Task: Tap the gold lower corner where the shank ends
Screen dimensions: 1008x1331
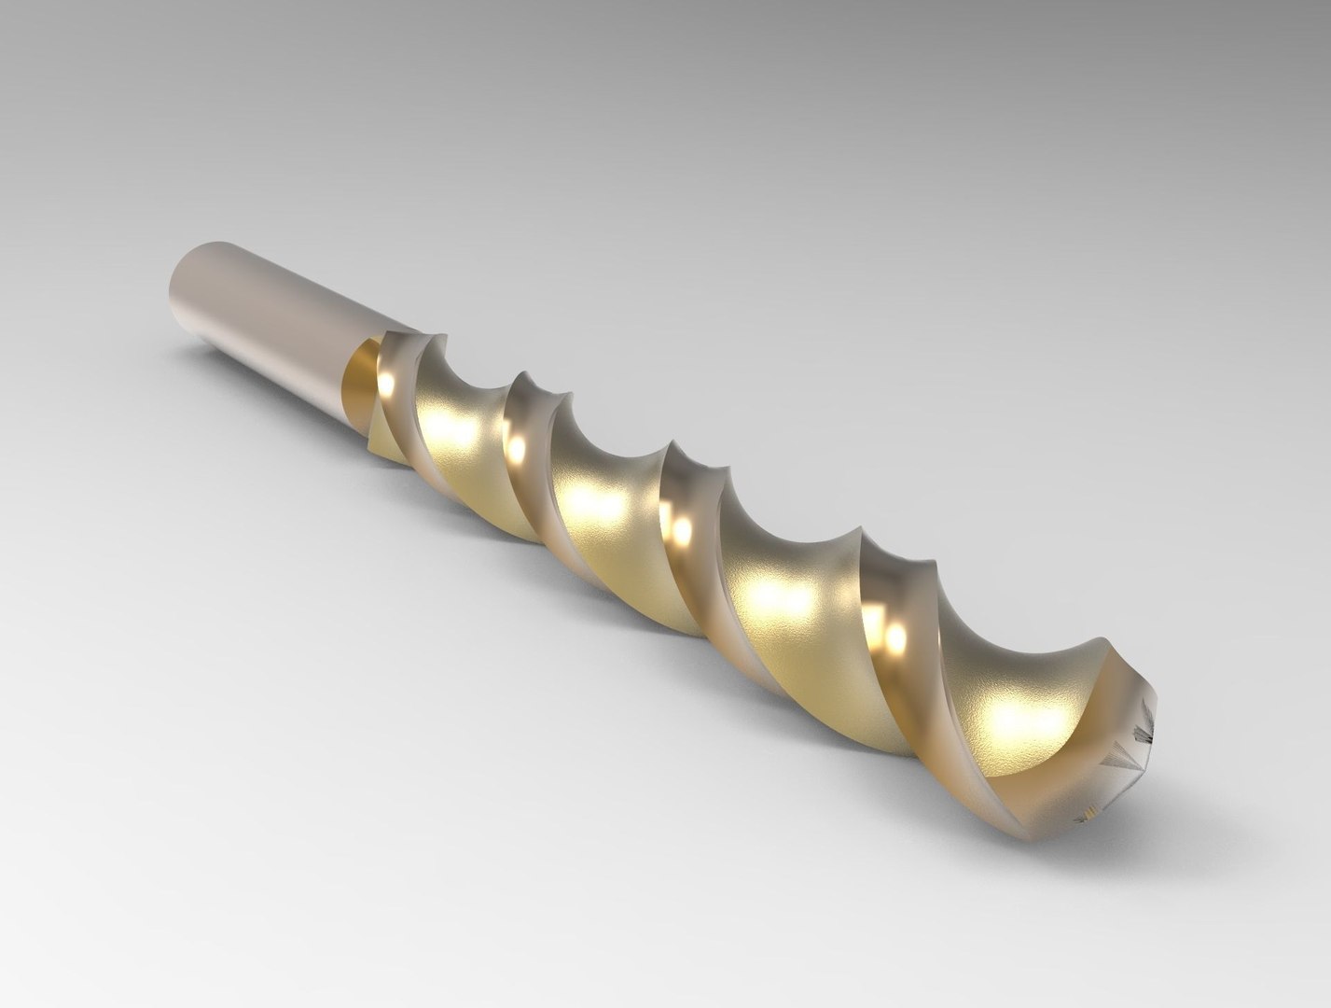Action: pos(378,448)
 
